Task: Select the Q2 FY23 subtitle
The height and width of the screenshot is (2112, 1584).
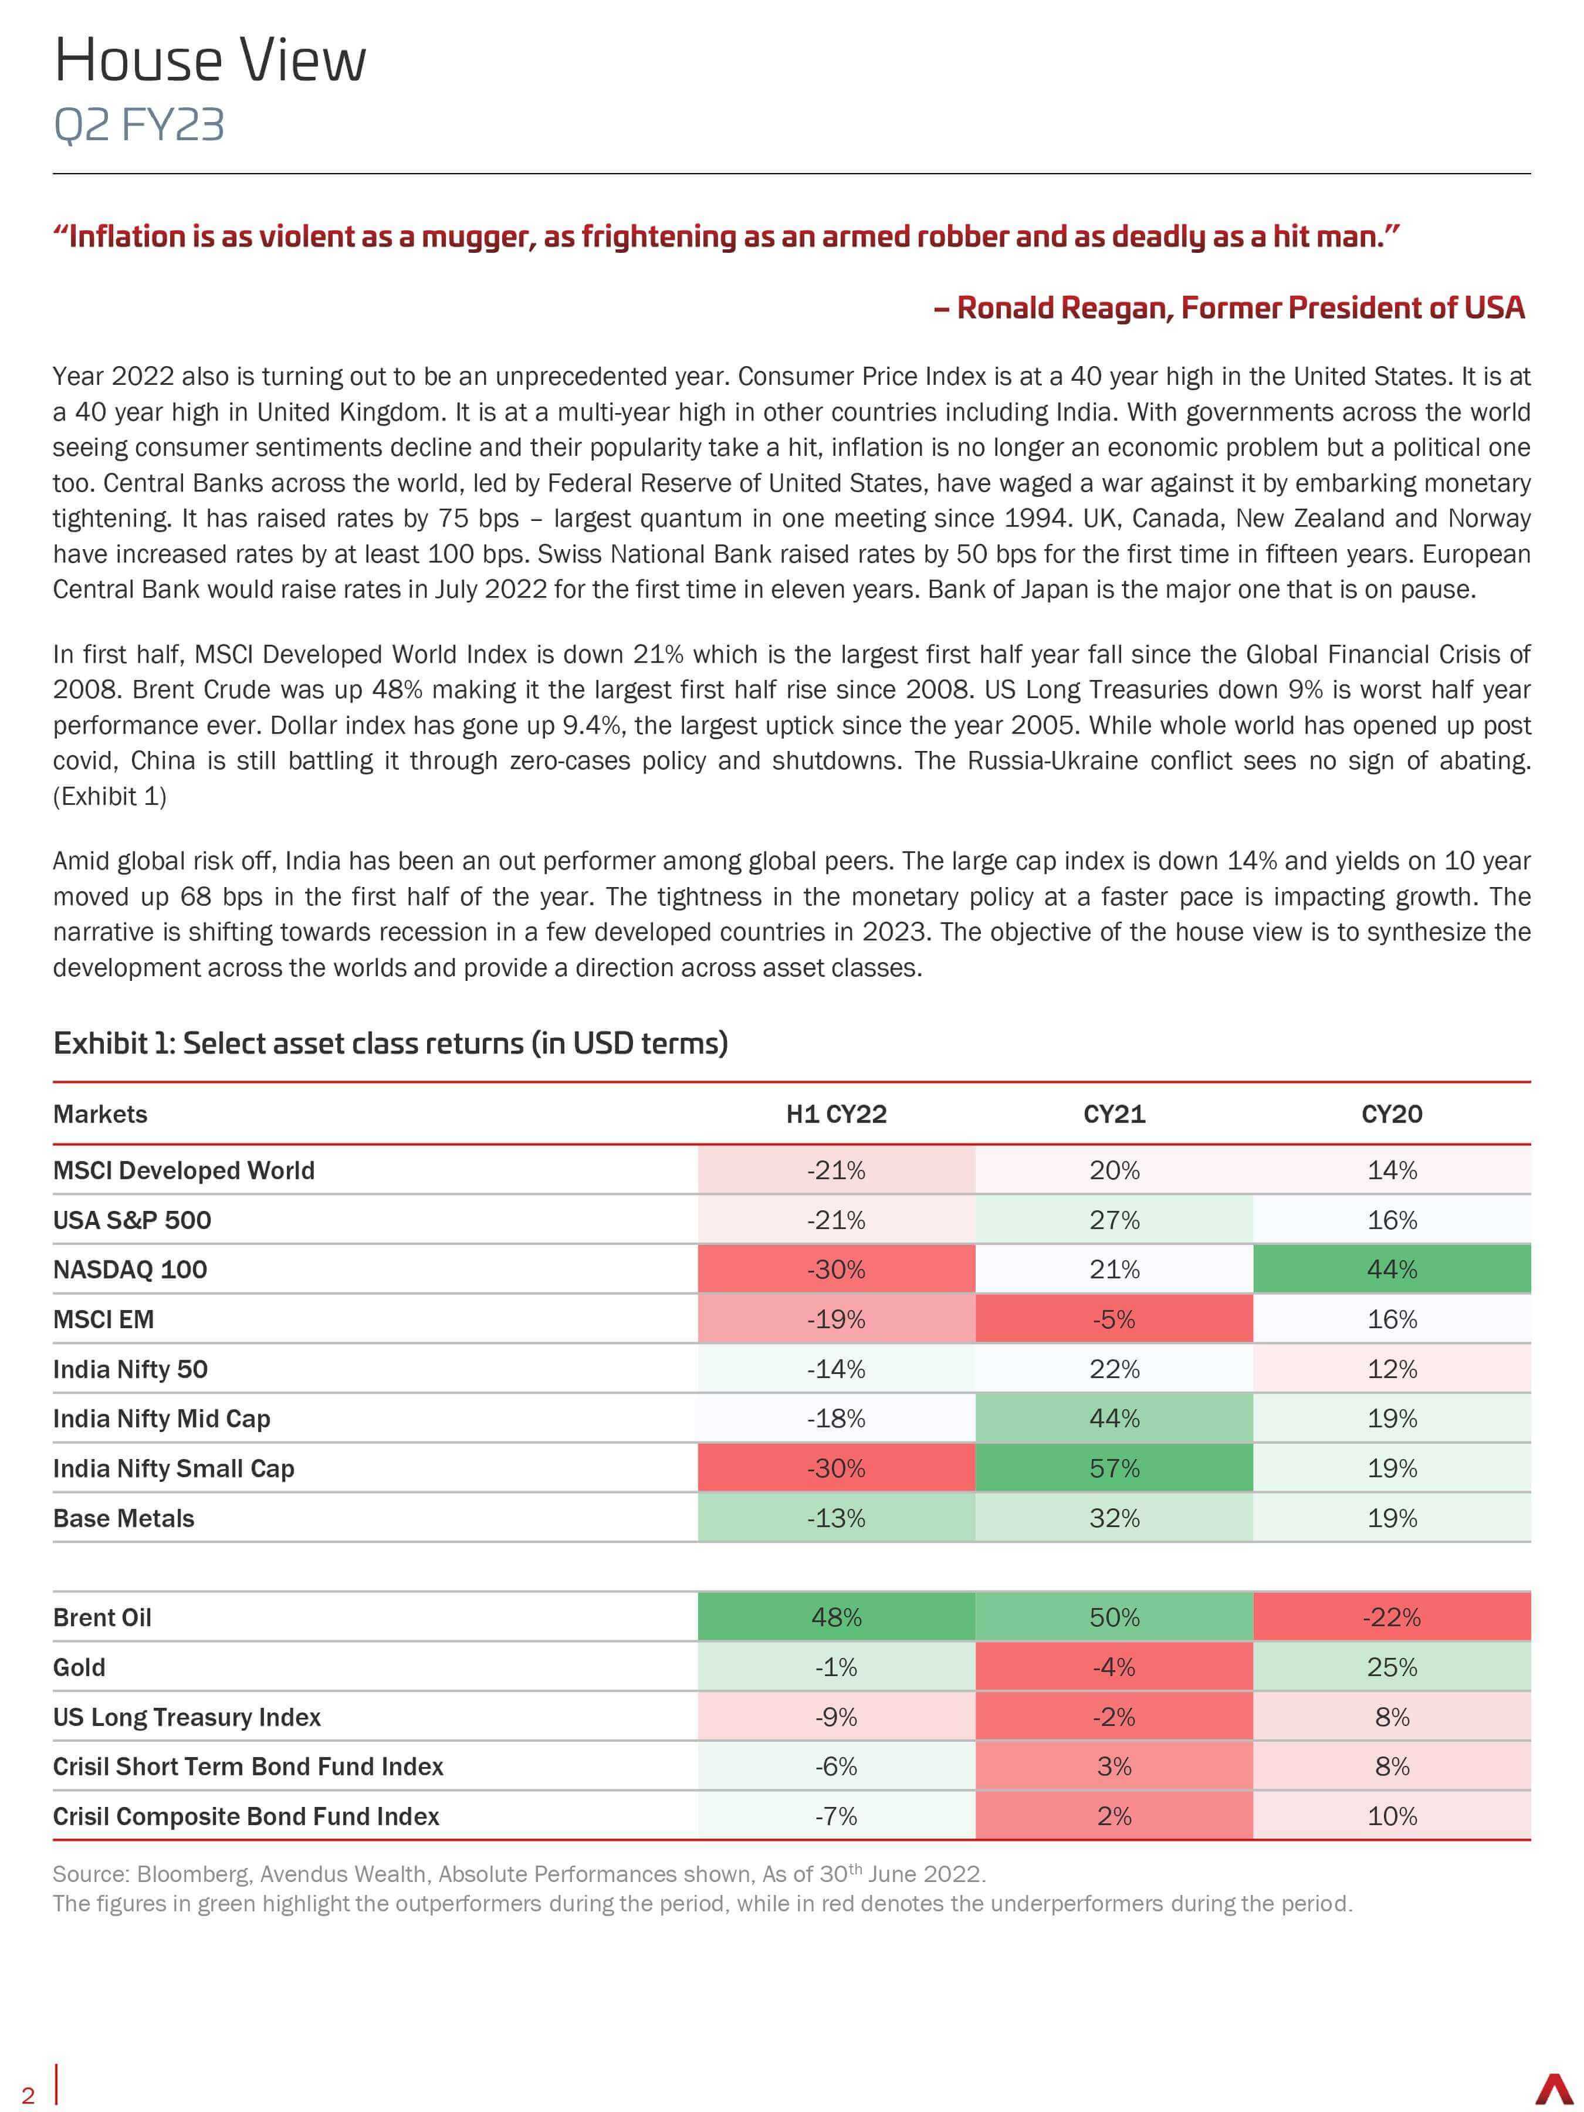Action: [x=140, y=125]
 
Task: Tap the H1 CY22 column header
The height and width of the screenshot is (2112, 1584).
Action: [x=837, y=1114]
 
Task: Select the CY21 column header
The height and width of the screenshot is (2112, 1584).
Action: [x=1114, y=1114]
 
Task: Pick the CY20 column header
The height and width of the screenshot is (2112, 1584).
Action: [x=1392, y=1114]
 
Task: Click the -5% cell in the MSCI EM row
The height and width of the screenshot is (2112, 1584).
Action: [x=1114, y=1319]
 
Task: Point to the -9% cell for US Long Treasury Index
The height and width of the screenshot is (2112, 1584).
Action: [x=837, y=1717]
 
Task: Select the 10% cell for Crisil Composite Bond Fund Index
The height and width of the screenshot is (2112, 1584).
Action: [x=1392, y=1816]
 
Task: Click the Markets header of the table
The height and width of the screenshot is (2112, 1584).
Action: [x=100, y=1114]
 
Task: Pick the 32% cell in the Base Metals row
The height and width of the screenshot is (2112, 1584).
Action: [x=1114, y=1518]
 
